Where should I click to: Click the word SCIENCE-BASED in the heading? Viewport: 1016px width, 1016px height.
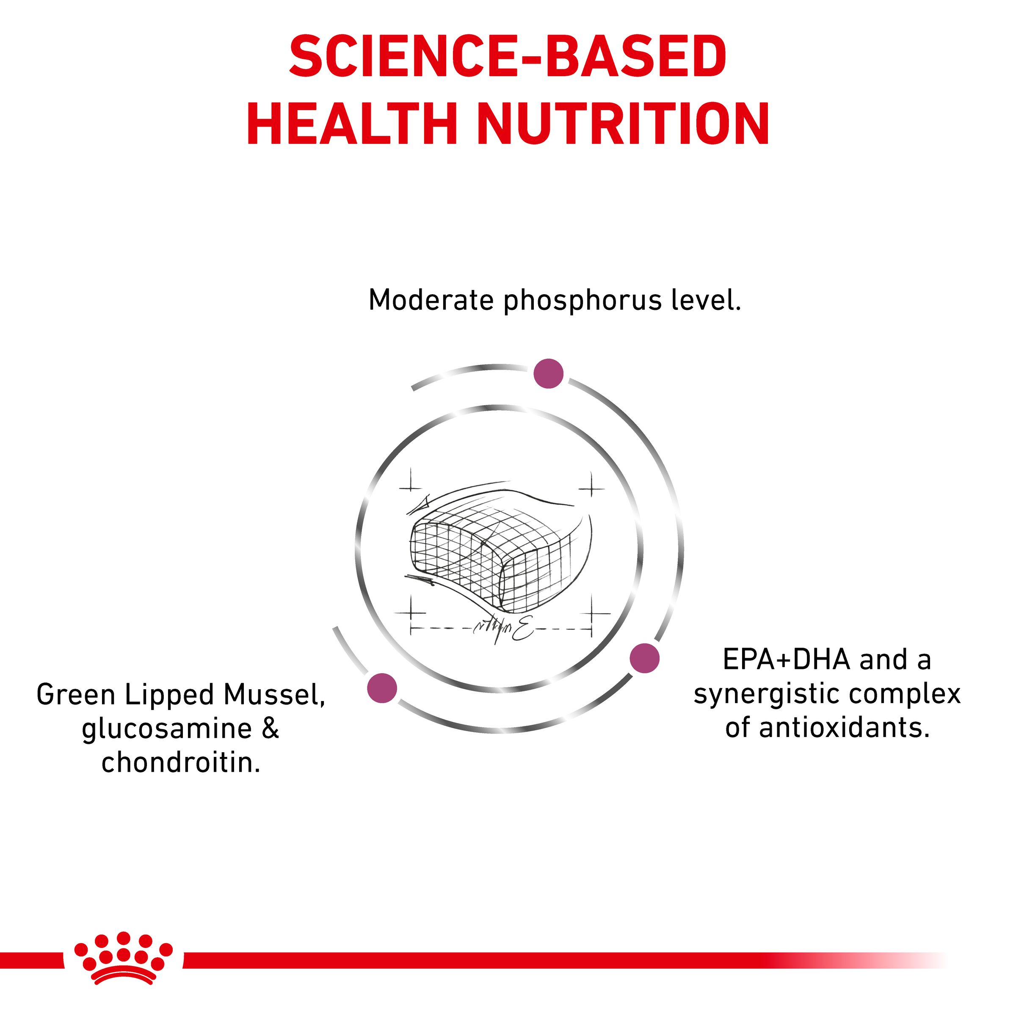tap(508, 56)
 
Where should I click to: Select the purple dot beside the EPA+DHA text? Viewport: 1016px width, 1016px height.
tap(645, 658)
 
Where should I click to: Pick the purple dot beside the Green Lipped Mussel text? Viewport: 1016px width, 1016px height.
tap(382, 688)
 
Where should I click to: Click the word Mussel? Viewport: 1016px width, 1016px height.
tap(274, 695)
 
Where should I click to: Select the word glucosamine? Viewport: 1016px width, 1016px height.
tap(167, 730)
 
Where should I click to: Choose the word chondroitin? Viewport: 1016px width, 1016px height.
tap(181, 762)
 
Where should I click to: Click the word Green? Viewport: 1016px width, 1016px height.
tap(76, 695)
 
